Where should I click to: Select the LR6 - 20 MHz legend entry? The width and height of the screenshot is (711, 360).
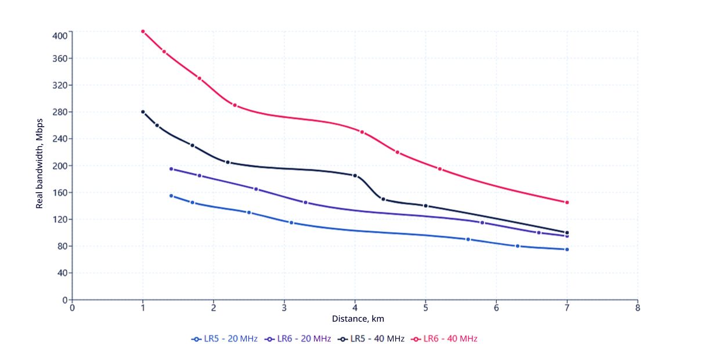pyautogui.click(x=298, y=339)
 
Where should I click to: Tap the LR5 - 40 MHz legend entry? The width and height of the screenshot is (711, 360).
pyautogui.click(x=371, y=339)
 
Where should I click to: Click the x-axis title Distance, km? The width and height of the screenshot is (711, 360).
pyautogui.click(x=358, y=319)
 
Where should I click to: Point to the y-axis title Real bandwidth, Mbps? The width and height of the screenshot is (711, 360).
pyautogui.click(x=40, y=165)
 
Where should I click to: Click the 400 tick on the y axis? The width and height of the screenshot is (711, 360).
pyautogui.click(x=60, y=35)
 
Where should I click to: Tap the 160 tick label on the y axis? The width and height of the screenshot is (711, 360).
pyautogui.click(x=60, y=193)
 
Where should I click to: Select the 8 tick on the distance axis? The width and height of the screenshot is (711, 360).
pyautogui.click(x=637, y=307)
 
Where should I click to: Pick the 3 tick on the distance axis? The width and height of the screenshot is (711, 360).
pyautogui.click(x=284, y=307)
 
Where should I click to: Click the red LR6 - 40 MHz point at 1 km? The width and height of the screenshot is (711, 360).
pyautogui.click(x=143, y=31)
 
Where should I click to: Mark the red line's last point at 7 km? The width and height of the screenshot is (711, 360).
pyautogui.click(x=567, y=202)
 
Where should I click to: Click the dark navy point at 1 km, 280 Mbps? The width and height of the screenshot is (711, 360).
pyautogui.click(x=143, y=112)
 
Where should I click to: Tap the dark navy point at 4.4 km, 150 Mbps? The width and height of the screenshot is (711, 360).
pyautogui.click(x=383, y=199)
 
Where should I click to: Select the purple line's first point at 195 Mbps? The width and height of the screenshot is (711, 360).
pyautogui.click(x=171, y=169)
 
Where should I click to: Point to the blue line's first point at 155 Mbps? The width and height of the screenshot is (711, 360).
pyautogui.click(x=171, y=196)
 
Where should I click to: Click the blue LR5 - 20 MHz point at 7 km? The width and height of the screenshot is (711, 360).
pyautogui.click(x=567, y=249)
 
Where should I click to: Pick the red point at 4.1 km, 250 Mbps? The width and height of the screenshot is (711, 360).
pyautogui.click(x=362, y=132)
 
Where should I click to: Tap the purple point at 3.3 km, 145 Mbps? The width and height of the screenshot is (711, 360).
pyautogui.click(x=305, y=203)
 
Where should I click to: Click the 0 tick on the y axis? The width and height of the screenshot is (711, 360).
pyautogui.click(x=65, y=300)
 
